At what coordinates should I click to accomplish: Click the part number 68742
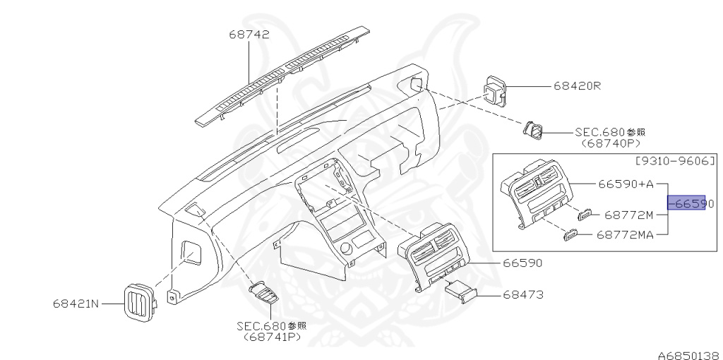[x=249, y=35]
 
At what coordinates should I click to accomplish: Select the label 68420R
[x=576, y=86]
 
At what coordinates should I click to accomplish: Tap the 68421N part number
[x=76, y=304]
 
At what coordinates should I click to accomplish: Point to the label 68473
[x=523, y=294]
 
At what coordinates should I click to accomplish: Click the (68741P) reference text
[x=272, y=337]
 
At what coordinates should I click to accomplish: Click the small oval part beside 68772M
[x=585, y=215]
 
